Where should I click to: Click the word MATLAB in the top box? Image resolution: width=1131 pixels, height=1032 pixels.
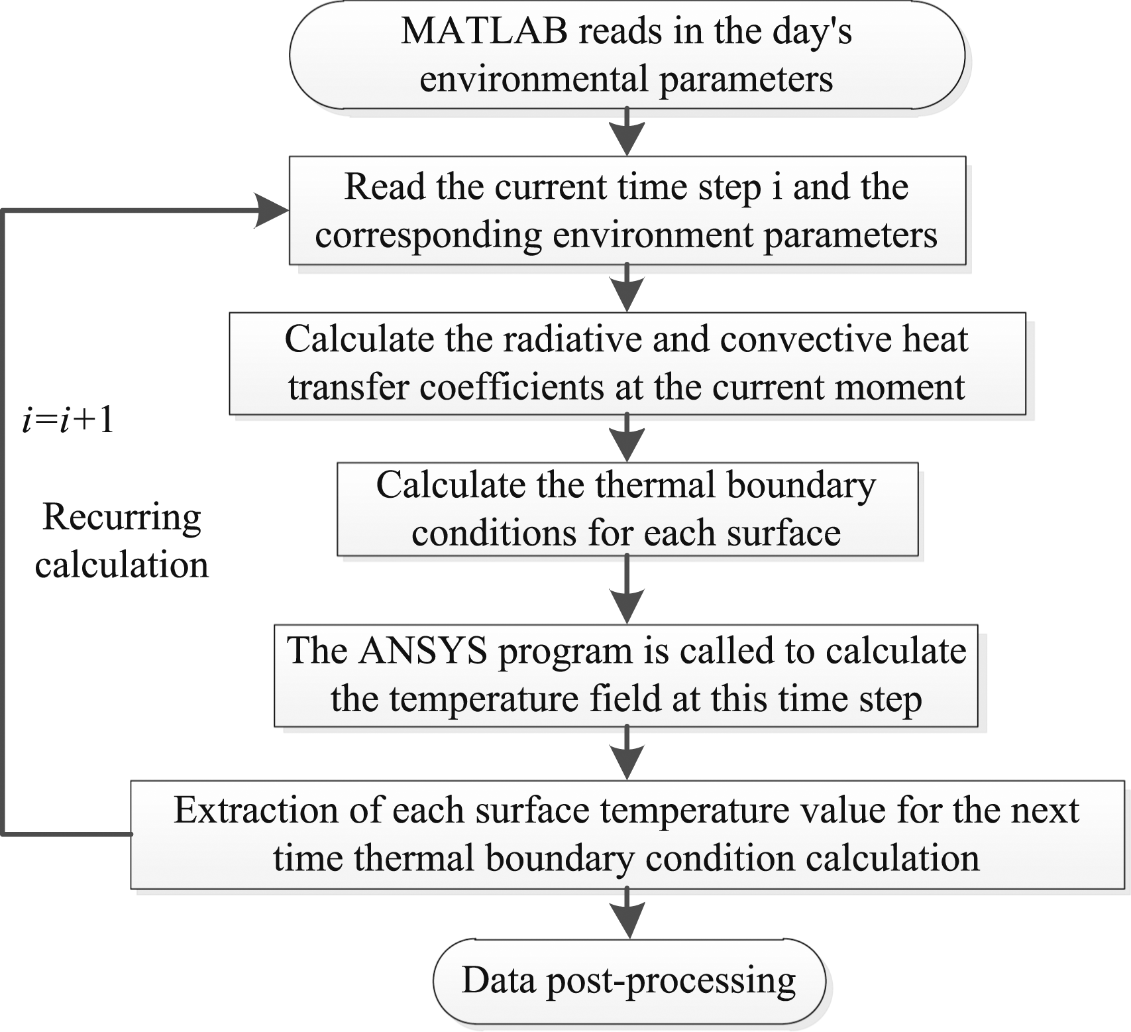(484, 30)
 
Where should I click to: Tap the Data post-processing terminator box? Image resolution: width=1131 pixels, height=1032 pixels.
(629, 980)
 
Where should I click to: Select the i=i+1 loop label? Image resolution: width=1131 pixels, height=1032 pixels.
(68, 420)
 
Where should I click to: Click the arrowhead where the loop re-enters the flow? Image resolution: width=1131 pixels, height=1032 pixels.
(271, 211)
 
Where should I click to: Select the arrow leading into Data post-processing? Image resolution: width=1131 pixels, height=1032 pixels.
(627, 913)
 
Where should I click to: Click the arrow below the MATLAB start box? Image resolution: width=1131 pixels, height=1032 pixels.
(627, 133)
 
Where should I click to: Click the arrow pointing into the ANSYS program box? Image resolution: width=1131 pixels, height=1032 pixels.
(627, 590)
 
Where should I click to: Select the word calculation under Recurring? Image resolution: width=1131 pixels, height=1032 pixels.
(122, 565)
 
